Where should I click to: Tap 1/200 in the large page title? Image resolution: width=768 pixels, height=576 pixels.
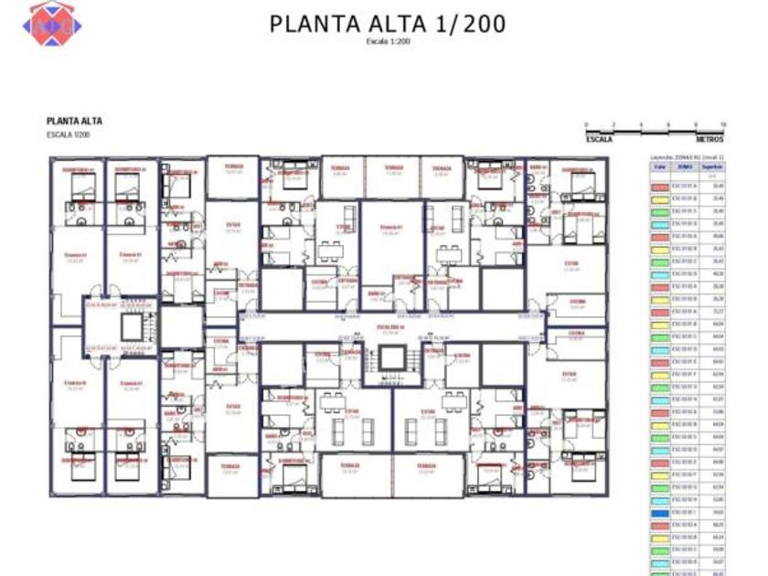464,25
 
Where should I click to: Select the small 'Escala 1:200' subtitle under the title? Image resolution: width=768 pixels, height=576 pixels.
388,42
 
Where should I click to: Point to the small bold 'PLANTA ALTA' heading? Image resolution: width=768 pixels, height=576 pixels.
74,121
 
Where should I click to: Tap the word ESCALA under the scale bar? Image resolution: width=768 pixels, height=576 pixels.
599,140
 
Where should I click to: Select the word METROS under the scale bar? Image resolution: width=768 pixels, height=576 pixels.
710,140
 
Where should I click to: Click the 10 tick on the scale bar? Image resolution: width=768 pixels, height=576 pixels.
722,123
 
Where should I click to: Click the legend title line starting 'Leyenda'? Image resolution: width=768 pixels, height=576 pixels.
682,157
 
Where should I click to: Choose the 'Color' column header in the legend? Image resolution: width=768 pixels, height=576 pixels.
658,167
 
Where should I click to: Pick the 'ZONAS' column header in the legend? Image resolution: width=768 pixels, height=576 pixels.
685,167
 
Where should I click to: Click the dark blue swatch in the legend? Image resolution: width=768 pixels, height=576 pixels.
658,514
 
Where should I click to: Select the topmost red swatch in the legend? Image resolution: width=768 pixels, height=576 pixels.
658,187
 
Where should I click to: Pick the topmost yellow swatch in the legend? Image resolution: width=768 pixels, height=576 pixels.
658,198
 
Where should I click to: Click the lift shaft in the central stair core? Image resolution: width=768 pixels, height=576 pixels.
395,357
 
